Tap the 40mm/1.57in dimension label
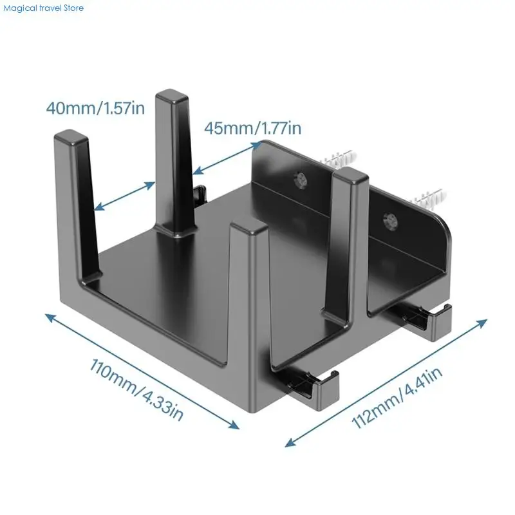pos(95,107)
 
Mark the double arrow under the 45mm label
pos(224,158)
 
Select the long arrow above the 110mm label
pos(142,370)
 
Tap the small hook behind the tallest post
pos(200,192)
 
